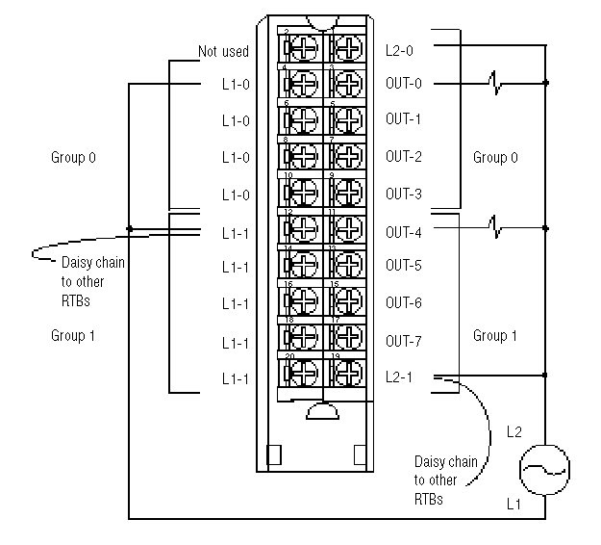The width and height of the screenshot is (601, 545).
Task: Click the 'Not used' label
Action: click(223, 51)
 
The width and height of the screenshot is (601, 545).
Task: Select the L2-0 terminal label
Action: click(401, 46)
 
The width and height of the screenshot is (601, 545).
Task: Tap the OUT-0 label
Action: click(404, 83)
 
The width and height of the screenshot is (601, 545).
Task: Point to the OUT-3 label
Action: click(404, 194)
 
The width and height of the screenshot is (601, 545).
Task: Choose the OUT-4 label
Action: click(404, 231)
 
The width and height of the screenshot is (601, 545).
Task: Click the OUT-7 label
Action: click(404, 341)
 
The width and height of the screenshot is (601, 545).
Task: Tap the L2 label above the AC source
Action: click(514, 434)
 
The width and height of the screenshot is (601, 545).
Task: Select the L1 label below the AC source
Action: click(512, 502)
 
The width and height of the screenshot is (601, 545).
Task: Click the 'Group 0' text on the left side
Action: click(74, 156)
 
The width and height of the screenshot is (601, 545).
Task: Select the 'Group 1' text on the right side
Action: click(495, 335)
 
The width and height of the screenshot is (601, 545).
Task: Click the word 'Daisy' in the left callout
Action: click(78, 262)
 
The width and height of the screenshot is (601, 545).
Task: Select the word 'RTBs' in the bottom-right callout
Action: click(430, 500)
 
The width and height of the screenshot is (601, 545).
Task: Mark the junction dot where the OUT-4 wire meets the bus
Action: click(546, 228)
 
